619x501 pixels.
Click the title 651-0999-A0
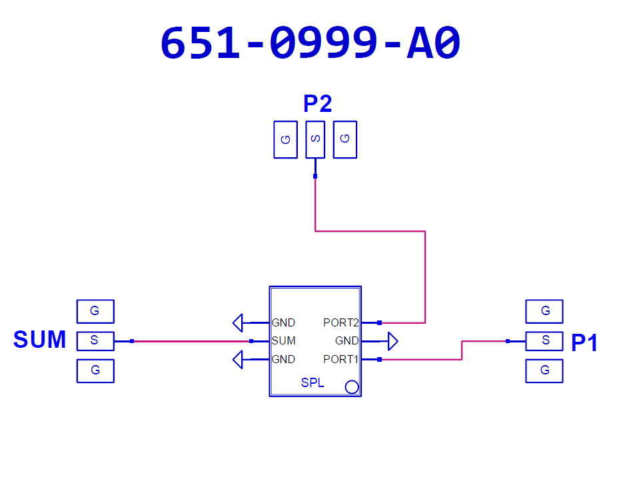pos(310,45)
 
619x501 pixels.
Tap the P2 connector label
pos(317,104)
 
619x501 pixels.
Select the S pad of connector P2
pos(315,139)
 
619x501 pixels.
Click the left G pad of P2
pos(285,139)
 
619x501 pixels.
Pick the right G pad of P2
pos(344,139)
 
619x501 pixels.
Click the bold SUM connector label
pos(40,340)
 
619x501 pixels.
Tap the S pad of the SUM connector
pos(95,340)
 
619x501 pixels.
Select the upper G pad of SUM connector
pos(95,311)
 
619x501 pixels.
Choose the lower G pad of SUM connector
pos(95,370)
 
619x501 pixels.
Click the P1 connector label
pos(584,342)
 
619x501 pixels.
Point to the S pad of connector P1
pos(544,340)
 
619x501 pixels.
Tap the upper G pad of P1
pos(544,311)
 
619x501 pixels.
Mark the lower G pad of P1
pos(544,370)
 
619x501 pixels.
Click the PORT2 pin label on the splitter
pos(341,323)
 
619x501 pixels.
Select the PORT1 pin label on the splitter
pos(341,360)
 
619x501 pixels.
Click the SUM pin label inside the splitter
pos(283,341)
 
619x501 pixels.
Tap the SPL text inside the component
pos(312,384)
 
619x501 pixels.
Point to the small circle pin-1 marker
pos(352,387)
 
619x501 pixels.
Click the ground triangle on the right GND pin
pos(392,342)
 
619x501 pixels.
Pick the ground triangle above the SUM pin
pos(238,323)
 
